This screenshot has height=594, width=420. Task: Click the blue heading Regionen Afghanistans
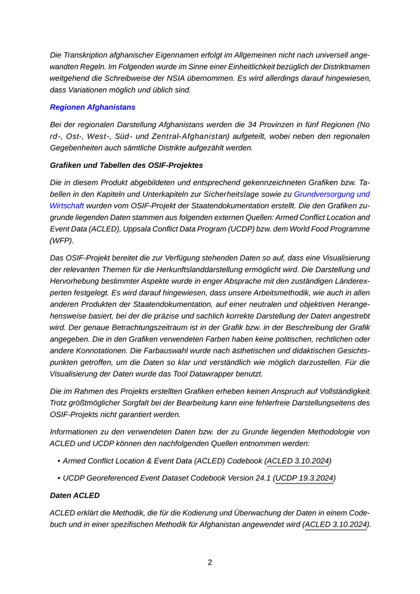(92, 107)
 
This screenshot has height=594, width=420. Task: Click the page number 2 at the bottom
(210, 562)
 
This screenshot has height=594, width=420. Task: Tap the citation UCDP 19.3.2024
(304, 478)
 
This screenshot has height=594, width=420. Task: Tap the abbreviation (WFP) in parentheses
(61, 241)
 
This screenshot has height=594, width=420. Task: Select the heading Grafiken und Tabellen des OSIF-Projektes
(126, 165)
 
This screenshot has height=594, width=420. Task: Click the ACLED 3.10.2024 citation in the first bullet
(298, 461)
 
